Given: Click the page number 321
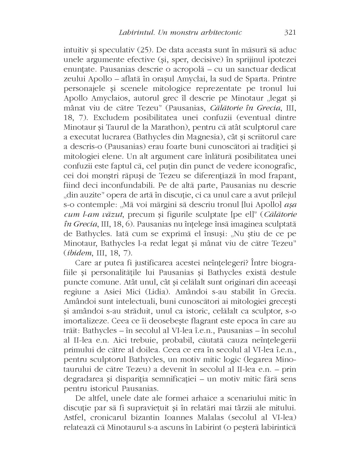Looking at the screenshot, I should [x=290, y=32].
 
